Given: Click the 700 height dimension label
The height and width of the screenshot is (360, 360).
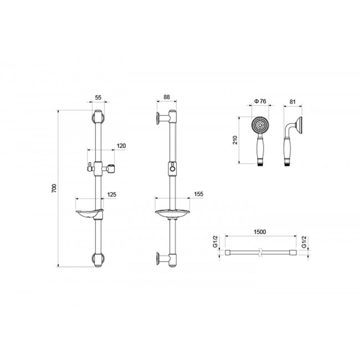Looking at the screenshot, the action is [54, 188].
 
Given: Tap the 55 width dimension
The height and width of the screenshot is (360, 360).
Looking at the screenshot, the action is [98, 97].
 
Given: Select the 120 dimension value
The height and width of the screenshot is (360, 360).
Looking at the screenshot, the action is [121, 146].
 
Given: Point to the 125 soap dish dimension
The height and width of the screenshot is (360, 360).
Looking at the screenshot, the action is [112, 195].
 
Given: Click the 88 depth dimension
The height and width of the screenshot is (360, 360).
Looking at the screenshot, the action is [167, 97].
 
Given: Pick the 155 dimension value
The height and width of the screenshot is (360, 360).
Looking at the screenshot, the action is [199, 194].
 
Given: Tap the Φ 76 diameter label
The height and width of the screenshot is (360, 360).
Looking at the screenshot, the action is [260, 101].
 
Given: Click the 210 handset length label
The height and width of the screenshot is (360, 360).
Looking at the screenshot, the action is [235, 140].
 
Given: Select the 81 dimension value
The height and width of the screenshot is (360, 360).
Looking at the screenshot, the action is [292, 102].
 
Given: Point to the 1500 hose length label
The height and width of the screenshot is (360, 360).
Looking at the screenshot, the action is [260, 232].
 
